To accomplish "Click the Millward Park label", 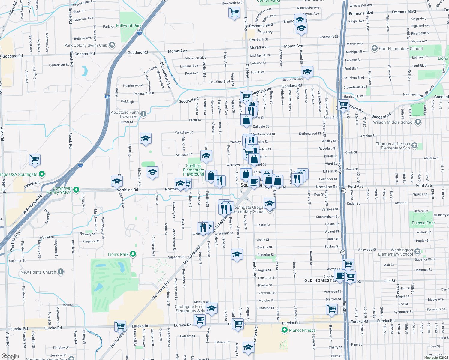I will click(129, 25).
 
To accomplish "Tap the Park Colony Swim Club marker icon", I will click(112, 45).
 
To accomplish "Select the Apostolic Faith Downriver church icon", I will click(143, 113).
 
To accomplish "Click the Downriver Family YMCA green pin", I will click(76, 190).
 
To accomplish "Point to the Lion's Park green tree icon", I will click(133, 254).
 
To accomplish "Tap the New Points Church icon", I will click(61, 272).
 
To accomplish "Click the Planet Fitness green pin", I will click(284, 330).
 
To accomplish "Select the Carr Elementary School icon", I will click(374, 48).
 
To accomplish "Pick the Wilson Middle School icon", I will click(418, 122).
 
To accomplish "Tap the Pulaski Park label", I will click(423, 223).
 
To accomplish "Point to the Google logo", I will click(10, 356).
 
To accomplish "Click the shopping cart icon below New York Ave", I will click(234, 13).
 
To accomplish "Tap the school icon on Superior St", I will click(237, 254).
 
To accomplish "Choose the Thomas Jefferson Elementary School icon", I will click(414, 145).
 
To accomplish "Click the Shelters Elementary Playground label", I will click(194, 170).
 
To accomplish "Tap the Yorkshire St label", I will click(184, 132).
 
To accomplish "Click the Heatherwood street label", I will click(133, 85).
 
